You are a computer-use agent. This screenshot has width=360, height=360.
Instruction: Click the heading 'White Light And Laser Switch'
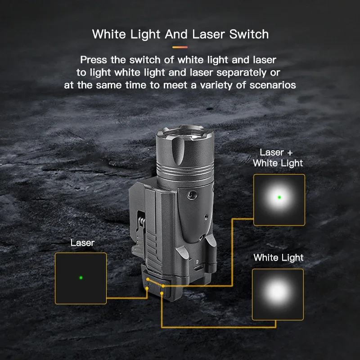click(x=180, y=34)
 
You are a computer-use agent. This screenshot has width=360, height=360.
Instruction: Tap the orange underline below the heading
click(x=180, y=46)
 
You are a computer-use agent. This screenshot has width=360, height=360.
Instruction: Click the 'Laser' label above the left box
click(x=82, y=243)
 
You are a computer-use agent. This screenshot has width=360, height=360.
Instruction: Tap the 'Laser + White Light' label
click(x=278, y=158)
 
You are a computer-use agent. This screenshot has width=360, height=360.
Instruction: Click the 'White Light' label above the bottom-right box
click(x=278, y=258)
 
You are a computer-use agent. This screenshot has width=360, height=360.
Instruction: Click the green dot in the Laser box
click(x=81, y=278)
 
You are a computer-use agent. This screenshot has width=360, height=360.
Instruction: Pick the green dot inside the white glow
click(x=279, y=197)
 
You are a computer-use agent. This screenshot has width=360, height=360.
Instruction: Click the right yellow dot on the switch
click(x=163, y=285)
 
